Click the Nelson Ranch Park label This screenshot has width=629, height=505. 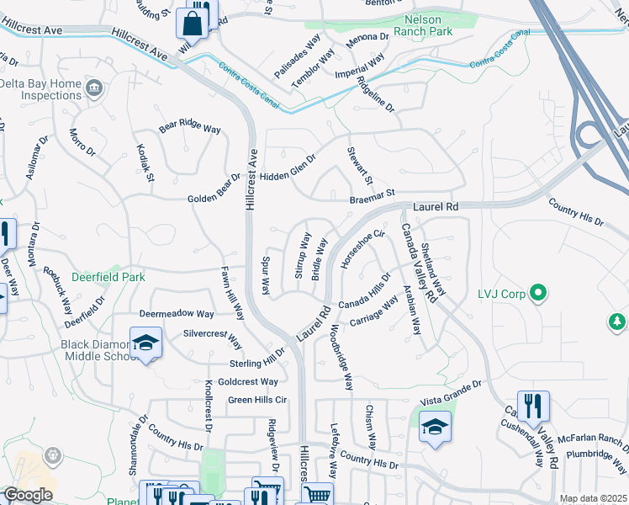(429, 25)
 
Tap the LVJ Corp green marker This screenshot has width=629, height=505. (539, 294)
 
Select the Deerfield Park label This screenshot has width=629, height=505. (108, 277)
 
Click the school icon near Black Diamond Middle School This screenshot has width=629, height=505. (146, 343)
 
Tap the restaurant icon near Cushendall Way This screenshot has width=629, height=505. (532, 406)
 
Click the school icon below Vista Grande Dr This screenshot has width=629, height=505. (434, 426)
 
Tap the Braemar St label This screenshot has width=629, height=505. (373, 198)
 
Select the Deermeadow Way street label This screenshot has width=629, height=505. (177, 313)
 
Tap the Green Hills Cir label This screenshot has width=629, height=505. (257, 400)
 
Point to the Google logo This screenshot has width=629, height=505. (28, 495)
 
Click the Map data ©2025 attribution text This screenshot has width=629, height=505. (593, 498)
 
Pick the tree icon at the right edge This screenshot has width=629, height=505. (618, 322)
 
